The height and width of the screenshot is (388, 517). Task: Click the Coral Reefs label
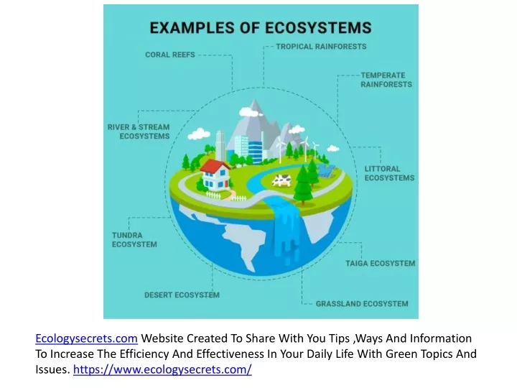(170, 55)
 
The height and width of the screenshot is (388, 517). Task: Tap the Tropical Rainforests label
(321, 47)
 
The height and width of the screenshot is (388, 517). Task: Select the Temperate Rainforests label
(386, 80)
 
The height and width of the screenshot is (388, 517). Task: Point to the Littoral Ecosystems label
(389, 173)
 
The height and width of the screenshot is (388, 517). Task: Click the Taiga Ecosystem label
(380, 263)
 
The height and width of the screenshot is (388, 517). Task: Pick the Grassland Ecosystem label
(362, 303)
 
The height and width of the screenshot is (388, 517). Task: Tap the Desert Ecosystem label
(182, 295)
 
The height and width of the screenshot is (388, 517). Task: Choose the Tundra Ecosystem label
(134, 240)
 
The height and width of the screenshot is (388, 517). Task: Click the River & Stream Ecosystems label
(139, 131)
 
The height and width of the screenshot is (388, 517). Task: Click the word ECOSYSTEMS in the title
(318, 28)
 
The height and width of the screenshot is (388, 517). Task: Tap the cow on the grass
(281, 180)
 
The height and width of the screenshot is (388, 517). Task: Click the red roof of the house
(215, 166)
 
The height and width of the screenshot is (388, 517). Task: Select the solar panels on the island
(327, 170)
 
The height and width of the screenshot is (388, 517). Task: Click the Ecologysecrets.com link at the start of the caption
(86, 338)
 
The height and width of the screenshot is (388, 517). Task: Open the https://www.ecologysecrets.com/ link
(162, 369)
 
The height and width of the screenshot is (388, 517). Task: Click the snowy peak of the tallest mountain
(254, 106)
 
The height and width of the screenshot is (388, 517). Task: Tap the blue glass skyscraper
(256, 152)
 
